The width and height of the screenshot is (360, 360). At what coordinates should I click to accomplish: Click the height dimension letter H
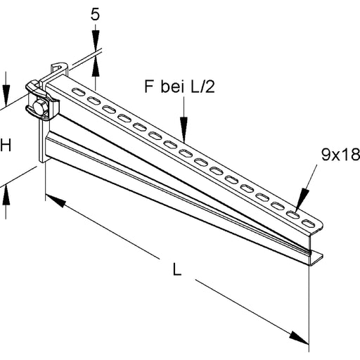coord(6,146)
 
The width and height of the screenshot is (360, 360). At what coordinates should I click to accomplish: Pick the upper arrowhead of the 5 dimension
coord(96,43)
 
